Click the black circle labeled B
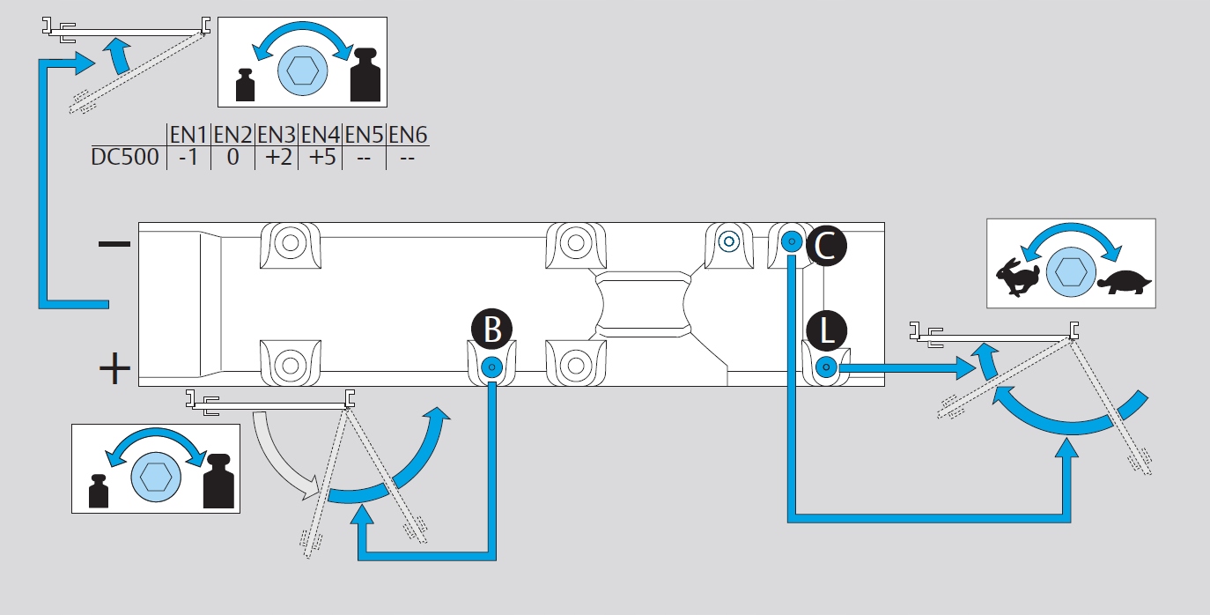tap(491, 329)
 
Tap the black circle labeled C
tap(826, 246)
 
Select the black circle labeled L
tap(826, 330)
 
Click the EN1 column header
tap(188, 135)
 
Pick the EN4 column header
tap(321, 135)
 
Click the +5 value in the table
tap(322, 157)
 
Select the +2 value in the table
tap(279, 157)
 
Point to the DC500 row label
tap(125, 157)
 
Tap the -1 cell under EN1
tap(188, 157)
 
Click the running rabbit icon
tap(1018, 277)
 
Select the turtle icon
tap(1124, 282)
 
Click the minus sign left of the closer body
tap(114, 244)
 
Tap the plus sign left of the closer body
tap(114, 368)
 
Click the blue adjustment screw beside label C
tap(792, 241)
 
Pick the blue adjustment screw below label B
tap(491, 367)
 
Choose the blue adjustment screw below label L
tap(826, 367)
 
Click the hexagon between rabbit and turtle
tap(1071, 272)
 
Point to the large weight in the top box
tap(365, 75)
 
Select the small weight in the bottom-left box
tap(99, 492)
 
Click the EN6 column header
tap(408, 135)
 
